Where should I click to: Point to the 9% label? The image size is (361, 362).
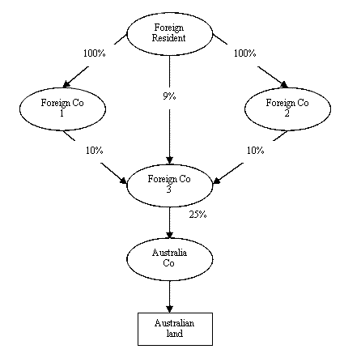(x=169, y=96)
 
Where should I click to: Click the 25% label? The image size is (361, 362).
(x=197, y=215)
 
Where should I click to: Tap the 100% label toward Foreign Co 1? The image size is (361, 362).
(x=94, y=53)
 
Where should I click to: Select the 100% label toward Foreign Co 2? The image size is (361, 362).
(x=244, y=53)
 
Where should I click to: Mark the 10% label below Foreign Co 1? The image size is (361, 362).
(x=94, y=151)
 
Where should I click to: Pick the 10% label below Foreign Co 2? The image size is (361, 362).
(x=255, y=151)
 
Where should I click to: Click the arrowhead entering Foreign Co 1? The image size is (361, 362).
(x=66, y=84)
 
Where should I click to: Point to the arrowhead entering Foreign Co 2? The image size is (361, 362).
(x=284, y=84)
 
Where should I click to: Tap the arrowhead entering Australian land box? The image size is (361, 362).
(x=169, y=309)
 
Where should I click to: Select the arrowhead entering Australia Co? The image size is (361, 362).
(x=169, y=235)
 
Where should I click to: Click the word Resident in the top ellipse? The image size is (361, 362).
(x=168, y=38)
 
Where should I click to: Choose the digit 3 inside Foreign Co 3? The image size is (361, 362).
(x=168, y=190)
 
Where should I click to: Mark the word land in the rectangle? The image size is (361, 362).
(x=175, y=334)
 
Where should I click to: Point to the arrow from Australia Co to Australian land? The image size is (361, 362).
(x=169, y=296)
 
